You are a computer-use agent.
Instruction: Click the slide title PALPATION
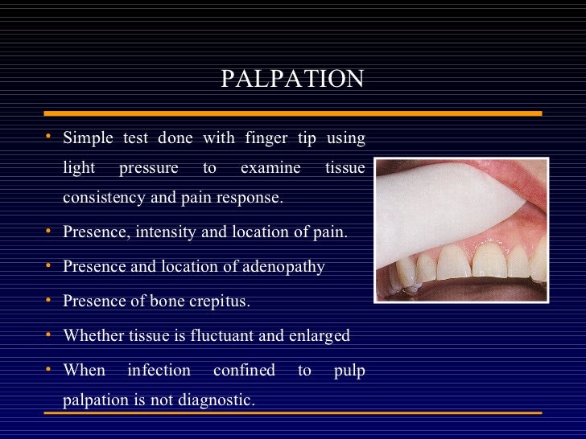292,79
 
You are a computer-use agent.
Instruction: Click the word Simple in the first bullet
88,138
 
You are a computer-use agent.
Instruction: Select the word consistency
104,198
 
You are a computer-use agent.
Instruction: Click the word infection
159,371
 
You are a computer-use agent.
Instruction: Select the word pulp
349,371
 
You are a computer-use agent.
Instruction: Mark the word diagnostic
212,399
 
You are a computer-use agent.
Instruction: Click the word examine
270,168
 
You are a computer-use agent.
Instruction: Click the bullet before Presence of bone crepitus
49,301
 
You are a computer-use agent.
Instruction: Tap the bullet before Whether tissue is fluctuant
49,334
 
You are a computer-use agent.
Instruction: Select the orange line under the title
292,113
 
